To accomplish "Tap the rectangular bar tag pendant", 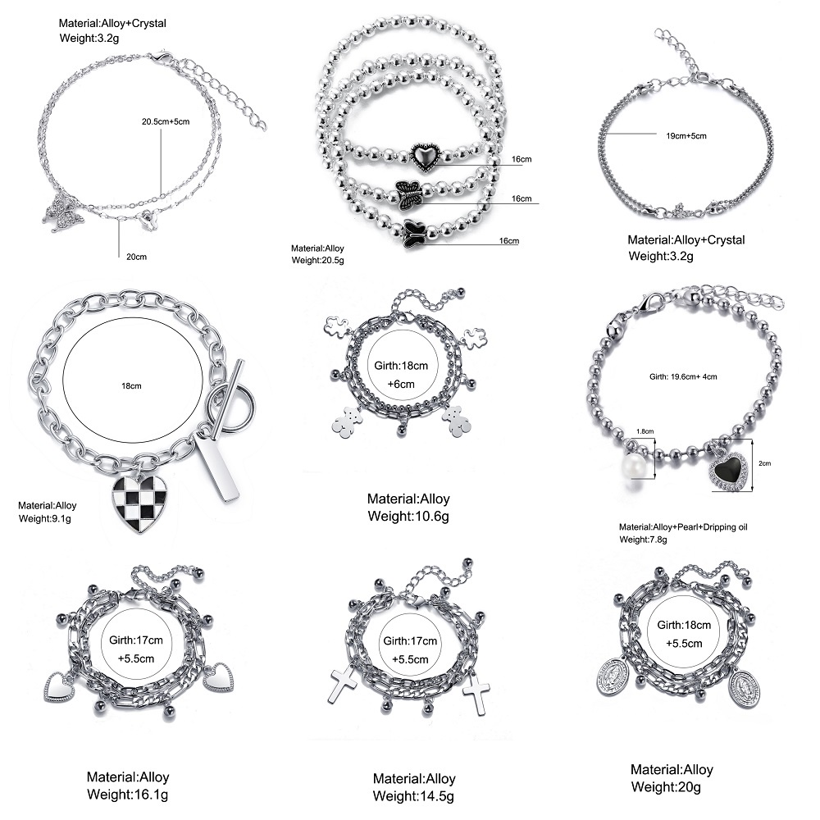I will pyautogui.click(x=218, y=467).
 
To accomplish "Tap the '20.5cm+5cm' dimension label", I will pyautogui.click(x=166, y=121).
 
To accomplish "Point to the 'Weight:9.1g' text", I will pyautogui.click(x=46, y=519).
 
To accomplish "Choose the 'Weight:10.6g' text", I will pyautogui.click(x=408, y=516).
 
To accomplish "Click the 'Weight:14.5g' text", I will pyautogui.click(x=413, y=795).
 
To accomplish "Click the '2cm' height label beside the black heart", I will pyautogui.click(x=764, y=463).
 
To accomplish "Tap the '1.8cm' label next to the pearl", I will pyautogui.click(x=645, y=430).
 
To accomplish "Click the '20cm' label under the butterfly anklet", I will pyautogui.click(x=136, y=257).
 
